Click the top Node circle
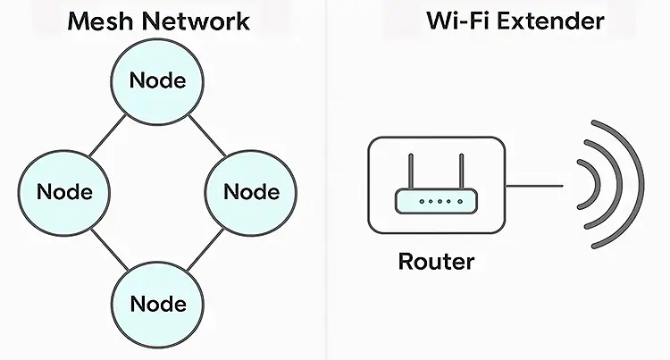[158, 80]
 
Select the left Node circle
[64, 191]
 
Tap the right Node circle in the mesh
[251, 191]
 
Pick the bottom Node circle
[158, 303]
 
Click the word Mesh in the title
[99, 21]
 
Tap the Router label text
[436, 262]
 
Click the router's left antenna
[412, 173]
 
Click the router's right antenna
[464, 173]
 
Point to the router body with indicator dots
[438, 202]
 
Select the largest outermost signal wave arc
[638, 185]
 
